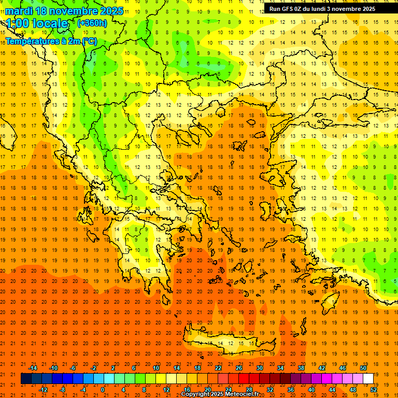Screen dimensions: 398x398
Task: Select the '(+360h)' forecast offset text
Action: (92, 23)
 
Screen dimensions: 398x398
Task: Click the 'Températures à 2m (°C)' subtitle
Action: (51, 41)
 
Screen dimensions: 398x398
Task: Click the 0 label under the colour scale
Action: (103, 389)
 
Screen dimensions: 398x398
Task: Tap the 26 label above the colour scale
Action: (239, 367)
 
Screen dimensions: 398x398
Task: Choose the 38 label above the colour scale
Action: (301, 367)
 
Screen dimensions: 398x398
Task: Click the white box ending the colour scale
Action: (368, 378)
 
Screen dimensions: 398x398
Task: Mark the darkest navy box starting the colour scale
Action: (26, 378)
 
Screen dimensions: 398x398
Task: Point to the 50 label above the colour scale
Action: (363, 367)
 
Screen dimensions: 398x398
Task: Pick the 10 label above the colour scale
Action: (156, 367)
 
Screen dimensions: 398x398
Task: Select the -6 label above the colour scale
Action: (74, 367)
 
